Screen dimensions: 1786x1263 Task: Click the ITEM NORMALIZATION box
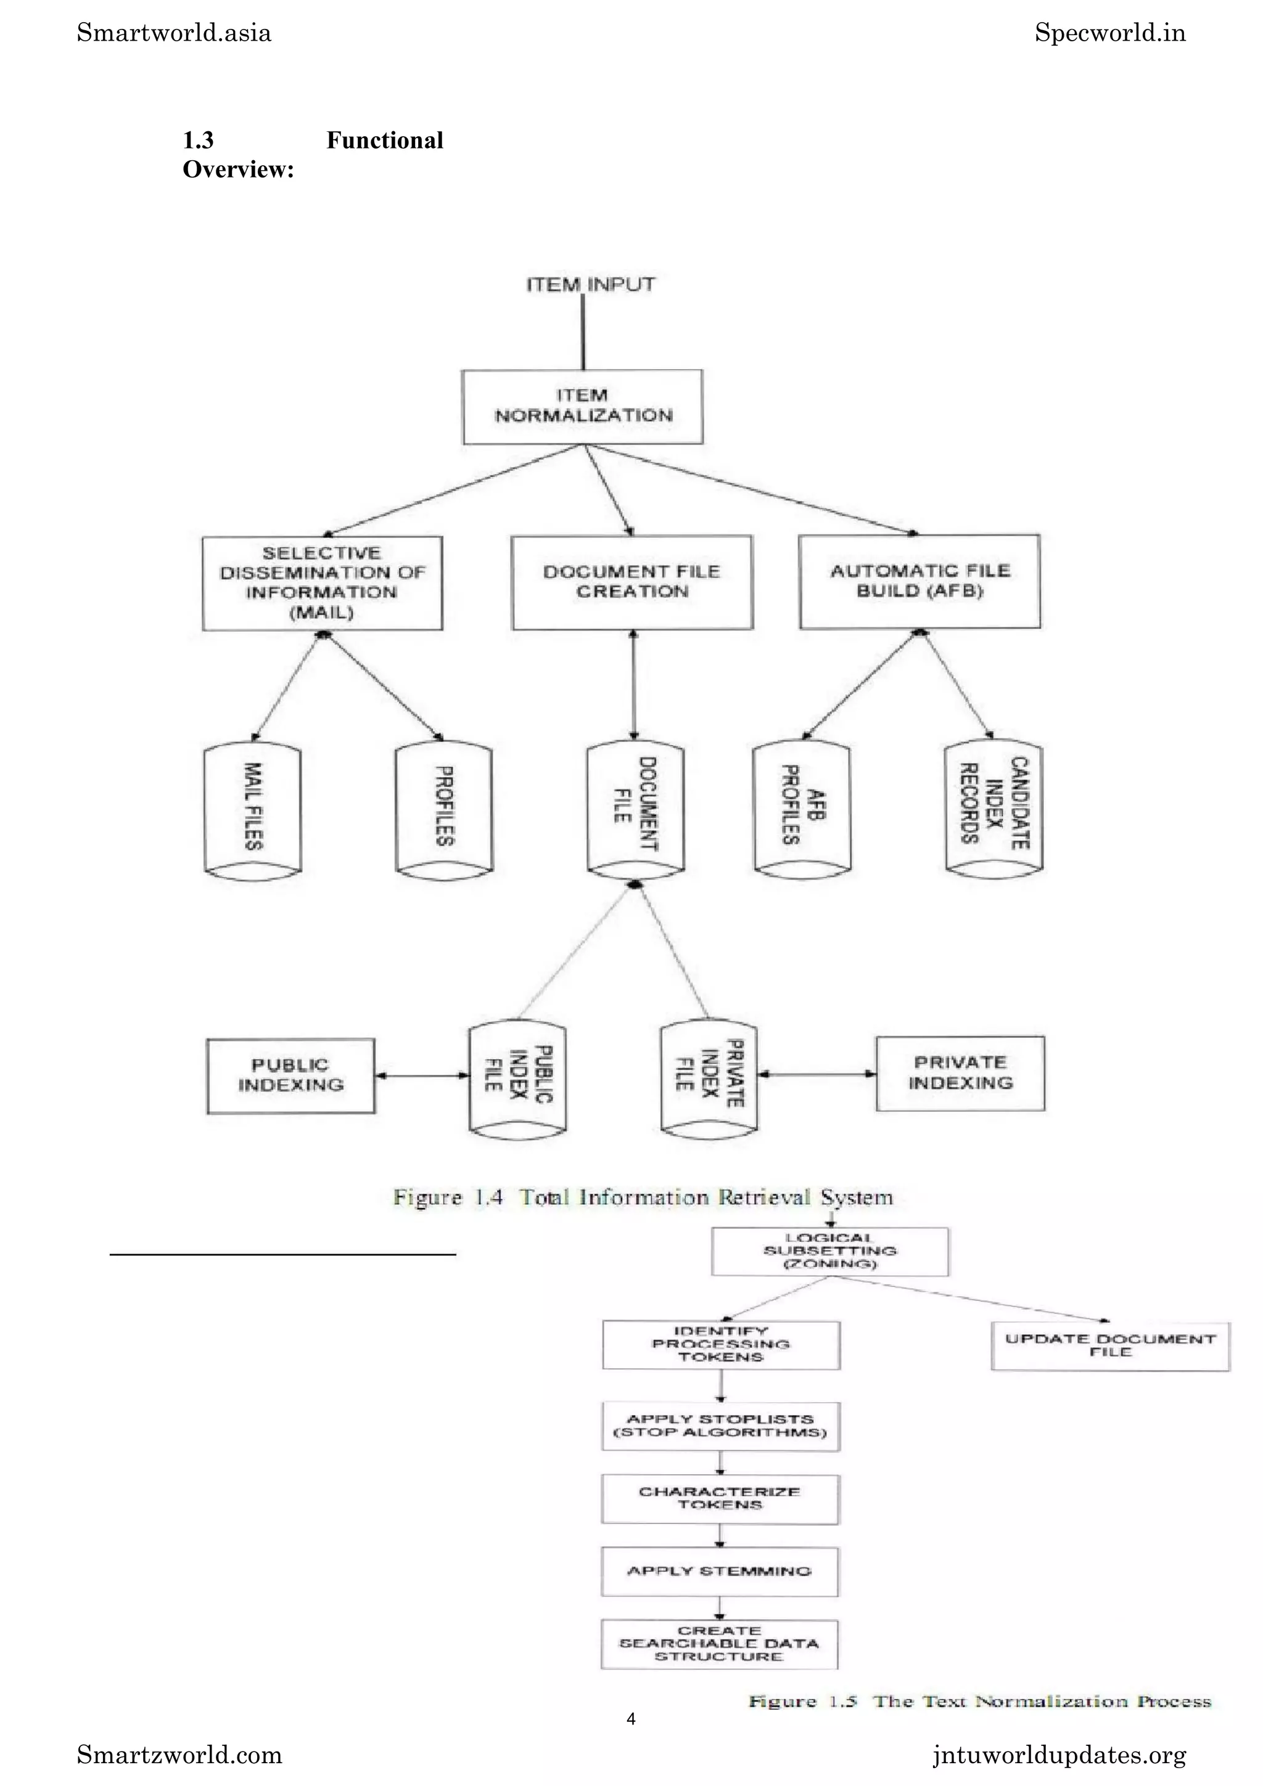tap(582, 406)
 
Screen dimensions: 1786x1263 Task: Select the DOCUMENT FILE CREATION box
tap(632, 582)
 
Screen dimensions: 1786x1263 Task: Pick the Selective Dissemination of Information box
tap(322, 582)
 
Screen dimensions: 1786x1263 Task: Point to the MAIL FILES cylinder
tap(252, 810)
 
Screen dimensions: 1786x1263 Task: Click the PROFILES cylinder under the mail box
tap(443, 810)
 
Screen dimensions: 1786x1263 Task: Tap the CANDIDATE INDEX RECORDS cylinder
tap(993, 807)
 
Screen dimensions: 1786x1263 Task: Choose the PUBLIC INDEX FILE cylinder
tap(517, 1078)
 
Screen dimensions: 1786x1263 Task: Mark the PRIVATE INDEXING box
tap(960, 1073)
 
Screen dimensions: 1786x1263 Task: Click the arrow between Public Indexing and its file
tap(422, 1076)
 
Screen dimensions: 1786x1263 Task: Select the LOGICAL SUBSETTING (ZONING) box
tap(829, 1251)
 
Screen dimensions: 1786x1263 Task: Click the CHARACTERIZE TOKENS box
tap(719, 1498)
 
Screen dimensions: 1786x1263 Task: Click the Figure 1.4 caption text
tap(643, 1197)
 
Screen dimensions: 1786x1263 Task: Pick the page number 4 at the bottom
tap(631, 1718)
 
